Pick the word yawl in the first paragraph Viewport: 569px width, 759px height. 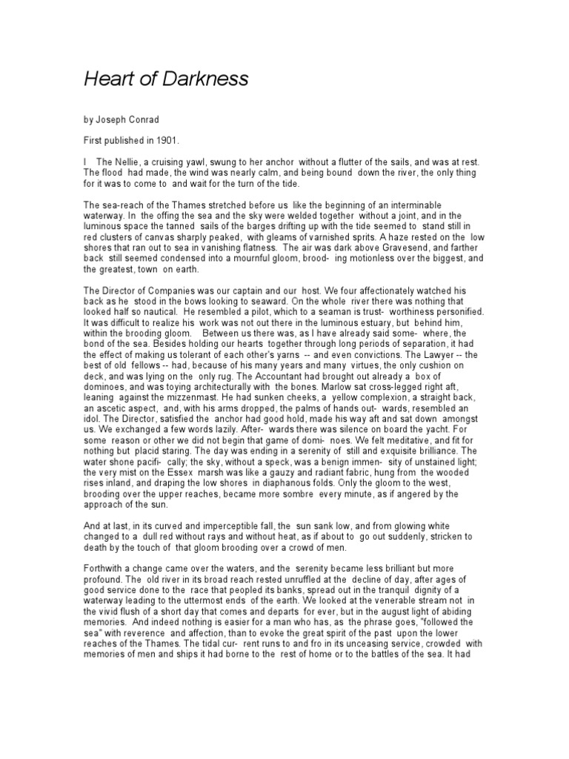tap(205, 162)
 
